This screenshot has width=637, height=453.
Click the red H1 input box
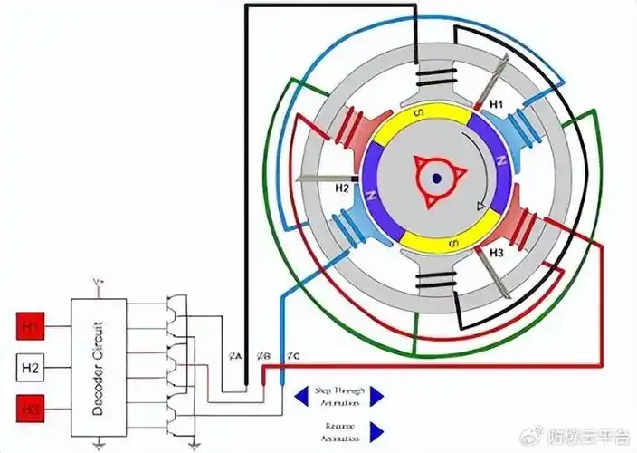pyautogui.click(x=32, y=323)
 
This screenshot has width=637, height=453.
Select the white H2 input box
pyautogui.click(x=32, y=368)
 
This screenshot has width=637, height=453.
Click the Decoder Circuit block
pyautogui.click(x=99, y=368)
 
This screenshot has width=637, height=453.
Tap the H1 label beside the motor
pyautogui.click(x=496, y=106)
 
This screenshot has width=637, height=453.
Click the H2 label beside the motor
pyautogui.click(x=342, y=188)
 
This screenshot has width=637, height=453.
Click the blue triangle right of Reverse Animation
pyautogui.click(x=376, y=431)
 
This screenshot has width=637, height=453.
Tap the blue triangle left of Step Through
pyautogui.click(x=301, y=395)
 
